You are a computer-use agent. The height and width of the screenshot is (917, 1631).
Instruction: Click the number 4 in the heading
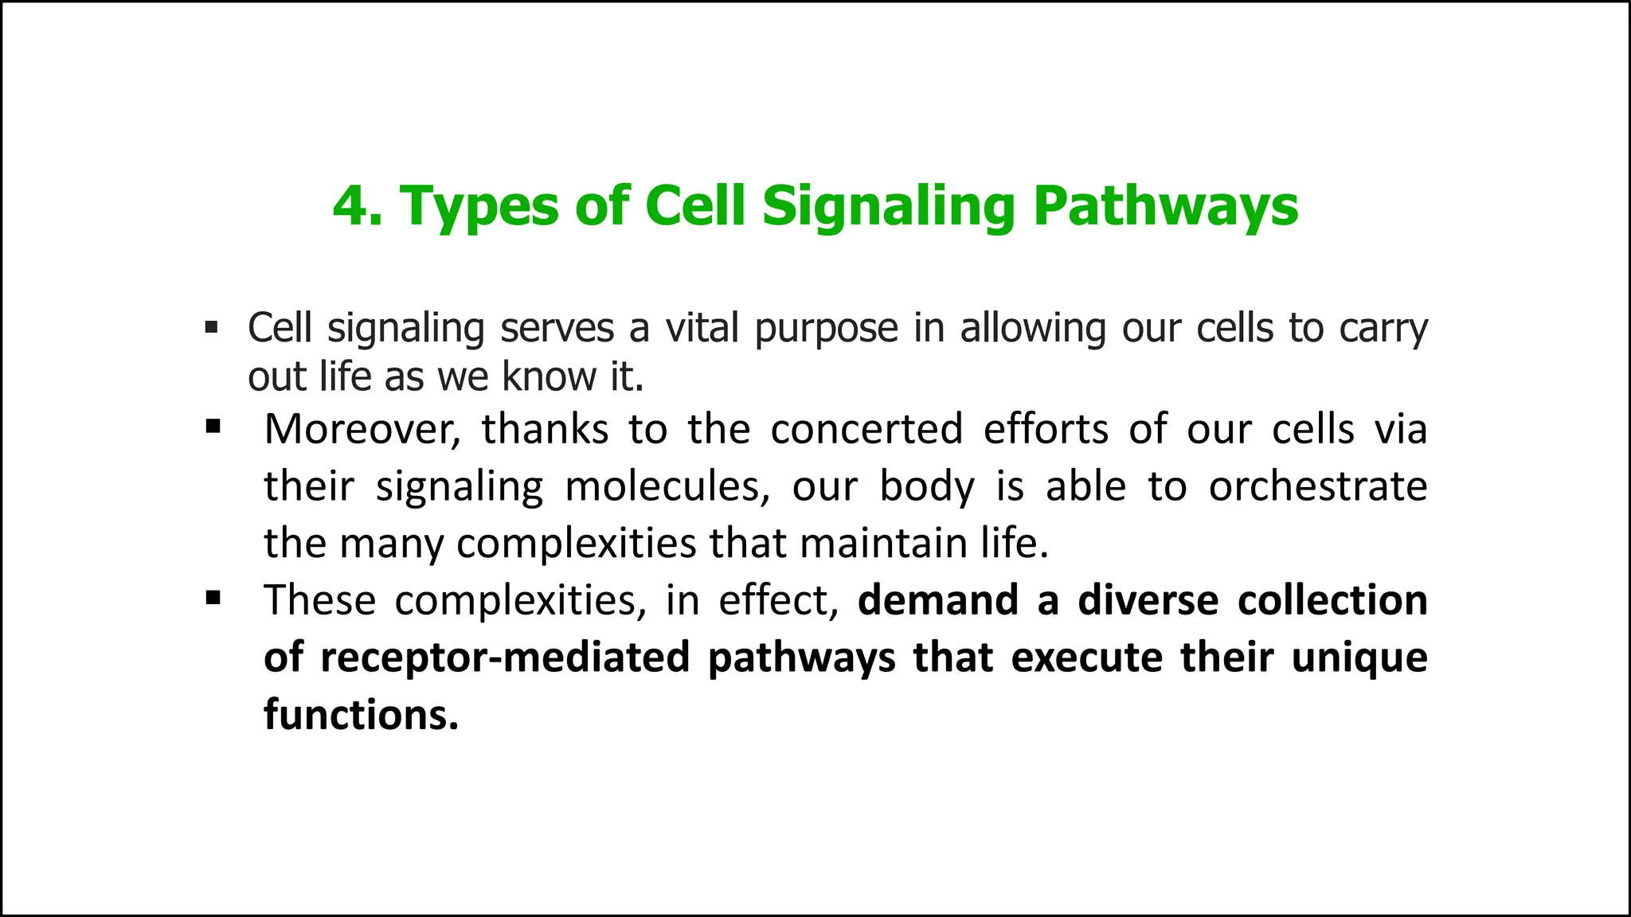click(x=347, y=206)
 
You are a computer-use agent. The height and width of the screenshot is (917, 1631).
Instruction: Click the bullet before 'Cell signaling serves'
click(x=211, y=327)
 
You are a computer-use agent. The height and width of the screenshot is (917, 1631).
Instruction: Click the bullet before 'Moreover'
click(x=213, y=427)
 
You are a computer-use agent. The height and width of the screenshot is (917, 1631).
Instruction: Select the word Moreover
click(x=362, y=430)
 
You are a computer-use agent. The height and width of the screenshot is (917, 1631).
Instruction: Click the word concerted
click(x=866, y=430)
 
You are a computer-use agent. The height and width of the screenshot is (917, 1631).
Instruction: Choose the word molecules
click(x=667, y=486)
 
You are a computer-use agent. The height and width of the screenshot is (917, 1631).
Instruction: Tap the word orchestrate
click(x=1318, y=486)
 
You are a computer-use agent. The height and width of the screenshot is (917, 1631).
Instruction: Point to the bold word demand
click(x=938, y=600)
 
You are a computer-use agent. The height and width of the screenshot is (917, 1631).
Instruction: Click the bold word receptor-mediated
click(x=505, y=658)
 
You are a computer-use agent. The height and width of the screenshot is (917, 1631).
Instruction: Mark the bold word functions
click(x=361, y=715)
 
